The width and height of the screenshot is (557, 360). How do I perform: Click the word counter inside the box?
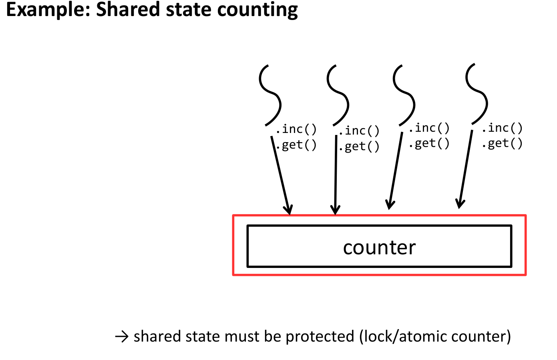point(379,247)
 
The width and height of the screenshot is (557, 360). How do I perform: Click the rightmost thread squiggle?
point(477,94)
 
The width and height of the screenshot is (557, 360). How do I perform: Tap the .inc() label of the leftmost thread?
point(297,129)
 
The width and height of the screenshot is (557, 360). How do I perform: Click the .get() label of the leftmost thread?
point(297,145)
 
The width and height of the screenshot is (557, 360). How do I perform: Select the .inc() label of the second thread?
point(359,131)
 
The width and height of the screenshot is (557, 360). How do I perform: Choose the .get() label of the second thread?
point(359,147)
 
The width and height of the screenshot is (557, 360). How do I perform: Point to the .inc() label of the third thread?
point(429,128)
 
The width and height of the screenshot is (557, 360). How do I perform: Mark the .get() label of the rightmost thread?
point(503,143)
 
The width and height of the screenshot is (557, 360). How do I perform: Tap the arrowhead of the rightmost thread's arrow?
point(460,203)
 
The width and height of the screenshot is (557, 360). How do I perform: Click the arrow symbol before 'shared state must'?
point(121,337)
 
